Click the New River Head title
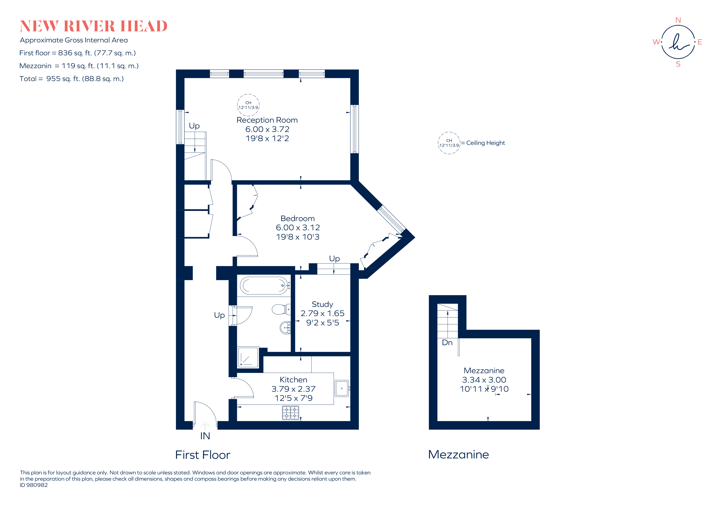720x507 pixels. (93, 26)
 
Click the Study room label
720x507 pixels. (322, 304)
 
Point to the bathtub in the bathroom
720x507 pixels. (264, 285)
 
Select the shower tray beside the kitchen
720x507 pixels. (248, 357)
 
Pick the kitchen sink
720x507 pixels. (341, 388)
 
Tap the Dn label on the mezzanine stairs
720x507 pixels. (447, 343)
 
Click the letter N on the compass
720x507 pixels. (678, 20)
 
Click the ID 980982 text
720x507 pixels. (34, 485)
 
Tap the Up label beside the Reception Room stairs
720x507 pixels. (194, 126)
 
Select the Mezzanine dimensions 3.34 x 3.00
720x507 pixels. (484, 380)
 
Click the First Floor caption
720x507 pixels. (202, 455)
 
